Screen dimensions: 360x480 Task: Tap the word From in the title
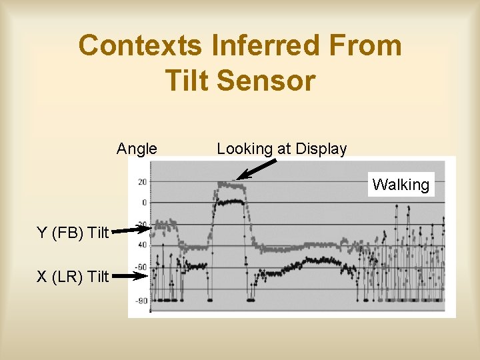click(x=369, y=46)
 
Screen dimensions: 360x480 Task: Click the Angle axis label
click(x=137, y=149)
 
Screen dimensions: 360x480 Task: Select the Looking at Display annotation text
click(x=281, y=149)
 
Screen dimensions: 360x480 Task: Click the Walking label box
click(x=401, y=185)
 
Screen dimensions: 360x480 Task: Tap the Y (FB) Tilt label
click(x=73, y=233)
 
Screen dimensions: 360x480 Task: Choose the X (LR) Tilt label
click(x=73, y=276)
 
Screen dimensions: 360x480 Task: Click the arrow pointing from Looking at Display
click(x=256, y=169)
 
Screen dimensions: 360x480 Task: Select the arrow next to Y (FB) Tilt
click(x=131, y=230)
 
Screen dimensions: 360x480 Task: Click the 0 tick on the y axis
click(x=144, y=202)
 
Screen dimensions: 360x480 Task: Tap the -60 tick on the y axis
click(x=141, y=267)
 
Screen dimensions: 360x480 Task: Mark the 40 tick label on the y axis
click(x=143, y=245)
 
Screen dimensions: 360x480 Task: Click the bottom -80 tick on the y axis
click(x=141, y=301)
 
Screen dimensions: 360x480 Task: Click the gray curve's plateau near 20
click(x=231, y=185)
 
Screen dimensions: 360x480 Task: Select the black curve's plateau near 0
click(x=230, y=201)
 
